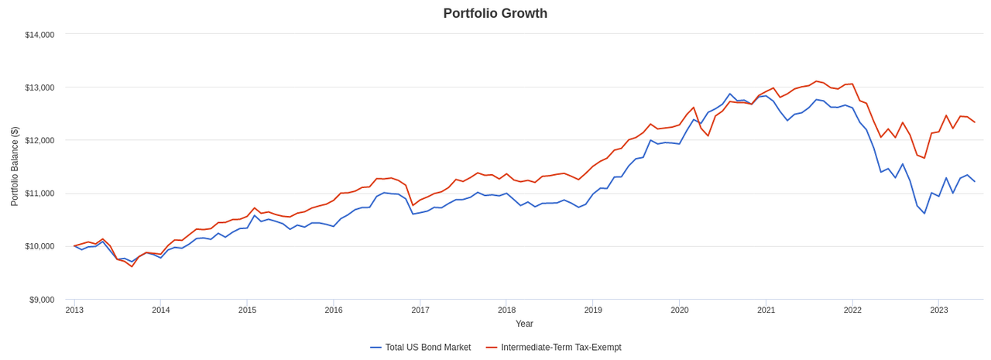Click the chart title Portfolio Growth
pyautogui.click(x=495, y=13)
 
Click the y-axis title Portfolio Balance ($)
pyautogui.click(x=15, y=166)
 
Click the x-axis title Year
pyautogui.click(x=524, y=324)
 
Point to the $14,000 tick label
pyautogui.click(x=39, y=35)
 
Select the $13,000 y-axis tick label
pyautogui.click(x=39, y=87)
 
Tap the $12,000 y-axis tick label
pyautogui.click(x=39, y=140)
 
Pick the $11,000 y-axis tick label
pyautogui.click(x=39, y=193)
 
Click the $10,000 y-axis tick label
pyautogui.click(x=39, y=246)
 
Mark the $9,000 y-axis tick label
pyautogui.click(x=42, y=300)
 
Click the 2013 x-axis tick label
pyautogui.click(x=74, y=310)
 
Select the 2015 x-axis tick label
pyautogui.click(x=247, y=310)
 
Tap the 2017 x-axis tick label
pyautogui.click(x=420, y=310)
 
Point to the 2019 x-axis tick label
pyautogui.click(x=593, y=310)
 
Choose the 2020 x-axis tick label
pyautogui.click(x=680, y=310)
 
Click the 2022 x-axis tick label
pyautogui.click(x=852, y=310)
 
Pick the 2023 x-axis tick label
pyautogui.click(x=939, y=310)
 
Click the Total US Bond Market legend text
pyautogui.click(x=427, y=348)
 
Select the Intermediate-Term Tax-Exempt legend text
pyautogui.click(x=561, y=348)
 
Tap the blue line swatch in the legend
pyautogui.click(x=375, y=348)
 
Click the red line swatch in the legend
pyautogui.click(x=492, y=348)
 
